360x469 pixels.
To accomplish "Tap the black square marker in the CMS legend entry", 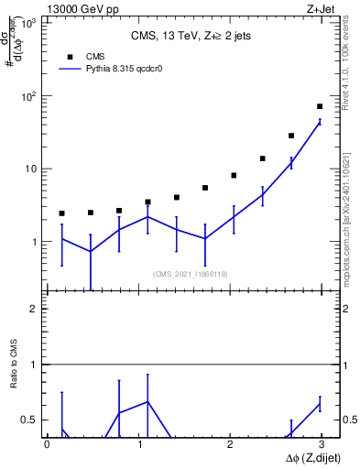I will (70, 55).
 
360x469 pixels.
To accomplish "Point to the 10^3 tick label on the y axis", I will (30, 22).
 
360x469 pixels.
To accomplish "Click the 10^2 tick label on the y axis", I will (30, 96).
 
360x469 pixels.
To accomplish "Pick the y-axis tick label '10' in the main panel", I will (33, 169).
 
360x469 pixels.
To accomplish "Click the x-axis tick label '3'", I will (323, 446).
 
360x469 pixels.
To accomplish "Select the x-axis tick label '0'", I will (47, 446).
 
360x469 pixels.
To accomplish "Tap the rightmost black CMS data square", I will (320, 106).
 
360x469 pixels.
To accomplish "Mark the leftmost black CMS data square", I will (61, 213).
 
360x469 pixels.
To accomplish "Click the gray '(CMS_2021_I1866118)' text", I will (191, 274).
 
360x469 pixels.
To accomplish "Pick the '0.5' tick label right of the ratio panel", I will (346, 420).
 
